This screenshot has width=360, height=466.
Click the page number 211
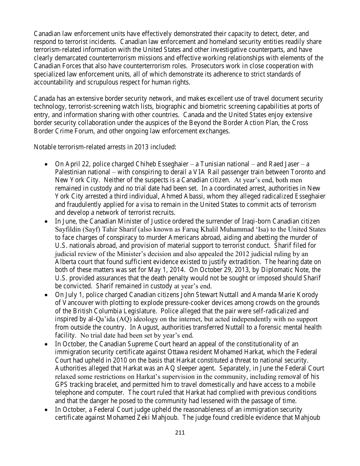180,433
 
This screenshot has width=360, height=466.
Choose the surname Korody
306,294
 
